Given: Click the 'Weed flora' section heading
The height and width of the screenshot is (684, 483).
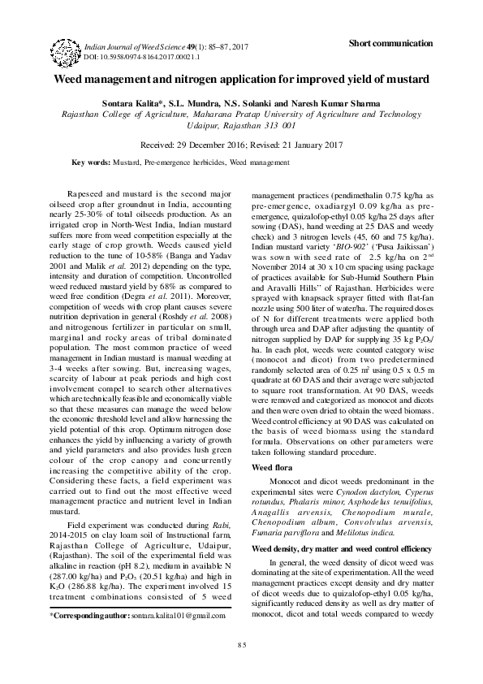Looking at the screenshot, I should [273, 469].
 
